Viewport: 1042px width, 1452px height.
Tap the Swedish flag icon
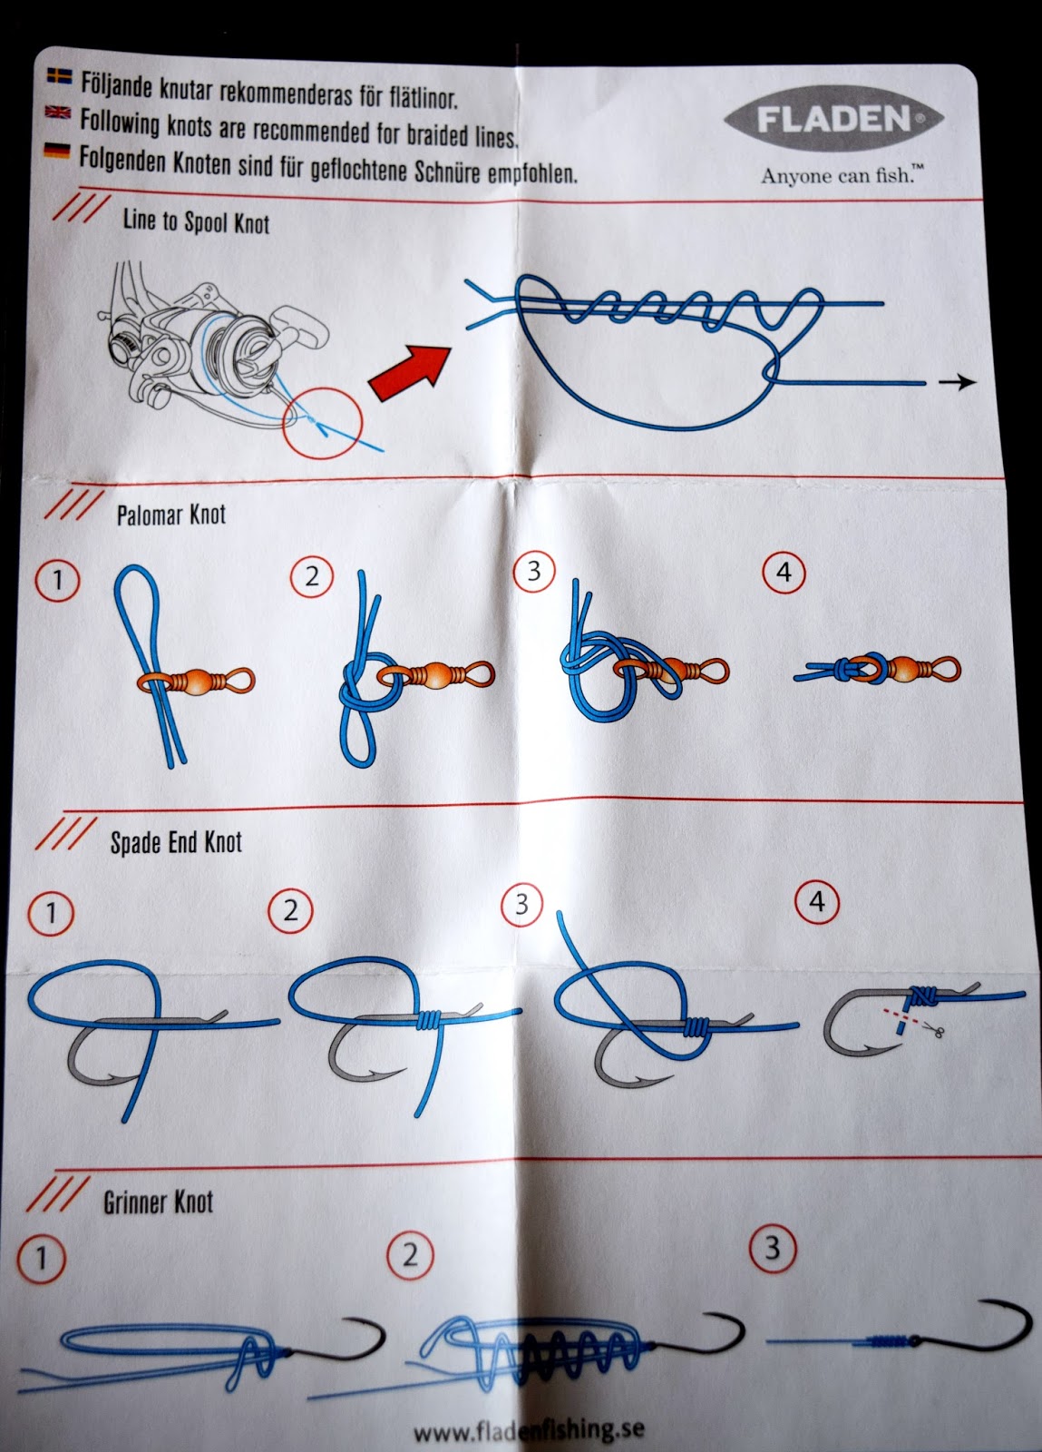[x=58, y=76]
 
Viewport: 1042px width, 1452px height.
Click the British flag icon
[x=57, y=113]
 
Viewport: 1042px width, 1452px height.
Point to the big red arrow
[x=410, y=370]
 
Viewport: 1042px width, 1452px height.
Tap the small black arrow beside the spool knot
[x=957, y=383]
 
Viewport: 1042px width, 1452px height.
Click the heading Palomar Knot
[x=170, y=515]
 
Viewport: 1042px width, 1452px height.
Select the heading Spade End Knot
[x=176, y=842]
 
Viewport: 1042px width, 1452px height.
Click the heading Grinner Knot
[x=158, y=1202]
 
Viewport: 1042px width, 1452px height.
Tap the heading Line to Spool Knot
[x=196, y=221]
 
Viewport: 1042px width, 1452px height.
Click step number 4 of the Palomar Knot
[x=784, y=573]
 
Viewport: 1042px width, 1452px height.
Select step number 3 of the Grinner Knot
[x=772, y=1248]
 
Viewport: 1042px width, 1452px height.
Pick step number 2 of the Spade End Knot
[x=290, y=910]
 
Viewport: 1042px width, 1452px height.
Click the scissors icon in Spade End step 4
[x=935, y=1030]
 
